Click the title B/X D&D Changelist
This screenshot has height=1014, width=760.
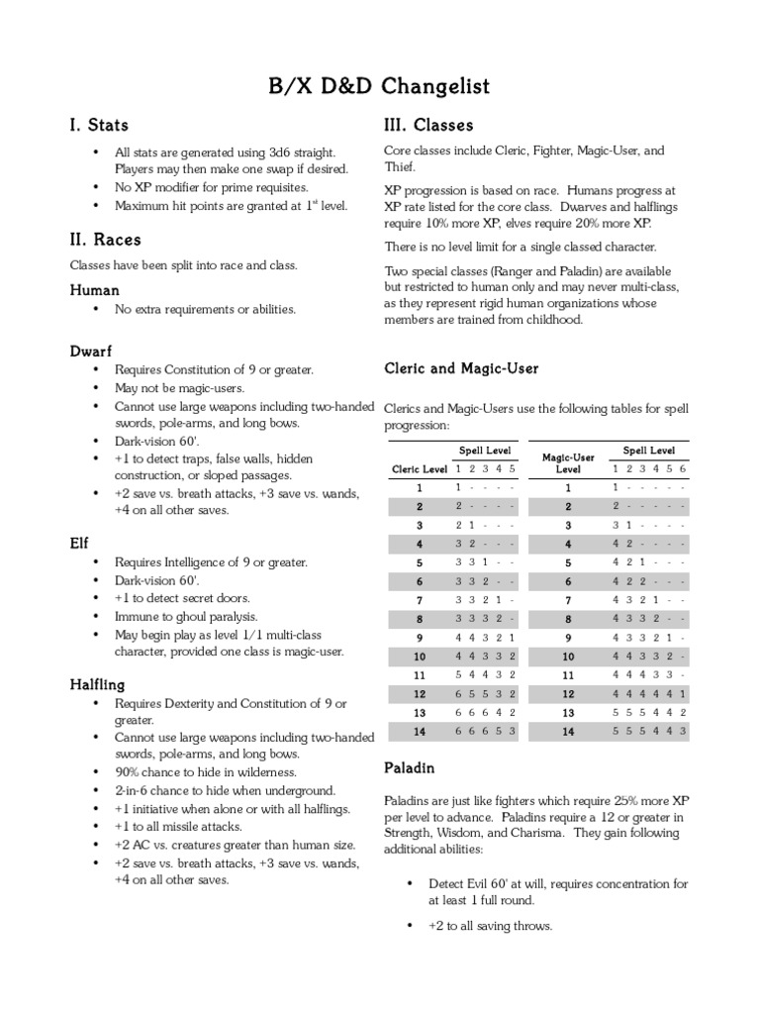pos(380,87)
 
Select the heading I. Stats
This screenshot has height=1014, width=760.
pos(99,126)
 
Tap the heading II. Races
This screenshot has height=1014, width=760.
pos(105,240)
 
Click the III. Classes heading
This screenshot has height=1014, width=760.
pos(428,126)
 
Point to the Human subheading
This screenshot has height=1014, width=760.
pos(94,290)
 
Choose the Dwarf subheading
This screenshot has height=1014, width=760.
pos(91,351)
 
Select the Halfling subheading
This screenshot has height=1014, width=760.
pos(97,684)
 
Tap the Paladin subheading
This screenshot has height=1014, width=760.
pos(409,767)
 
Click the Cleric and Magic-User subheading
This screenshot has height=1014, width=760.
pos(461,368)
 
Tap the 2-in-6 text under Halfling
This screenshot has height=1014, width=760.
pos(138,790)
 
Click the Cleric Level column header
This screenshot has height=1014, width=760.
pos(420,468)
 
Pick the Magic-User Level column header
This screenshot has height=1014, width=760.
pos(568,462)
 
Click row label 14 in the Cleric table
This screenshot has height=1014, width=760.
pos(420,732)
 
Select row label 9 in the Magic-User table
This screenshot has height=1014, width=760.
pos(568,638)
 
